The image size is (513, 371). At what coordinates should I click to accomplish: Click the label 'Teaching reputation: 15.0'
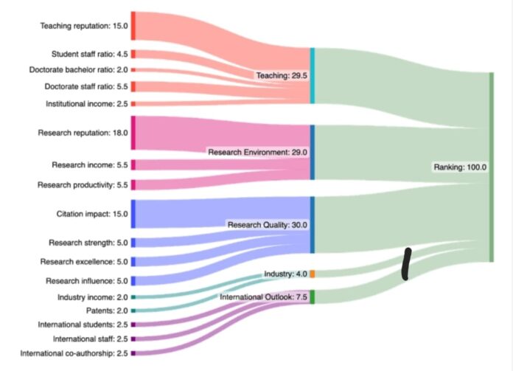(84, 27)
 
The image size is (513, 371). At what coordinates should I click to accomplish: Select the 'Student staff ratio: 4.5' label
(89, 54)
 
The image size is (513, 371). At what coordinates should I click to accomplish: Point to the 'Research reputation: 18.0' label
(83, 134)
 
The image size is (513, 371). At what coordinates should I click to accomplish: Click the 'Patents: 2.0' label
(107, 311)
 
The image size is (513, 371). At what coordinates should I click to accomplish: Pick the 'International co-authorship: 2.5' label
(74, 354)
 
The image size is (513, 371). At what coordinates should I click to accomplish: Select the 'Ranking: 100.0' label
(460, 167)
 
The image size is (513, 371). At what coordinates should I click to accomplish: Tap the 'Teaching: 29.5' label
(281, 76)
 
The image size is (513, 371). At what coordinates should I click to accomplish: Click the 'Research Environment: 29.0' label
(257, 153)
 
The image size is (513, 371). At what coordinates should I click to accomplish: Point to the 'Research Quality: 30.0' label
(266, 225)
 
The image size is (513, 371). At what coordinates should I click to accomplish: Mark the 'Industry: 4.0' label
(285, 274)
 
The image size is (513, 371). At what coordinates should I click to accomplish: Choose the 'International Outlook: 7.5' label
(263, 298)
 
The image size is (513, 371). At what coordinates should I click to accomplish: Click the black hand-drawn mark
(405, 264)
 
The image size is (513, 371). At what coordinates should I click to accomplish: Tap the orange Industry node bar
(313, 274)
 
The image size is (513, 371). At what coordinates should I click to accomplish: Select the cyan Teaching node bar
(313, 75)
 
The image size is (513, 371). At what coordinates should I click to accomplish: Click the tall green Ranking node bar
(491, 167)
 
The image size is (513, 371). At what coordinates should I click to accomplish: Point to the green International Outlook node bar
(313, 297)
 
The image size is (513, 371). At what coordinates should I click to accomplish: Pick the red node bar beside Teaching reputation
(133, 25)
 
